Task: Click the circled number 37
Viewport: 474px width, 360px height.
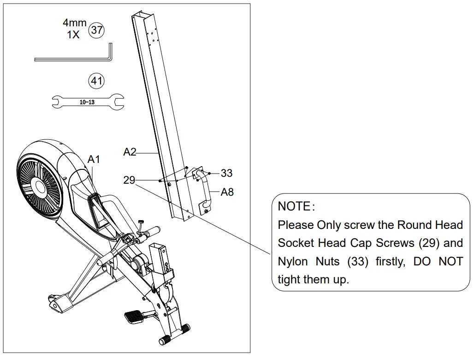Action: [x=96, y=30]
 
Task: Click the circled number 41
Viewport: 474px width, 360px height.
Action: [x=96, y=81]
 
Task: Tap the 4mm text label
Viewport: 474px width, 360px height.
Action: [x=74, y=23]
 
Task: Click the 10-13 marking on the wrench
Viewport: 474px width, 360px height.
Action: [x=87, y=102]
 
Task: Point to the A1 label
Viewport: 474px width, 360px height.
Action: [x=94, y=159]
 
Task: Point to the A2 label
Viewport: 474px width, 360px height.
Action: [x=130, y=152]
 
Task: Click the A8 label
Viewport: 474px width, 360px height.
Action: [x=227, y=192]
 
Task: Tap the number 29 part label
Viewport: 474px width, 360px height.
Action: [x=129, y=180]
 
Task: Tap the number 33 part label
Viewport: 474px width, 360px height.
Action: [x=226, y=173]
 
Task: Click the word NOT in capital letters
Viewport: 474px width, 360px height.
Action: [x=450, y=261]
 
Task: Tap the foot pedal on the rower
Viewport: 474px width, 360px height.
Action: [x=136, y=317]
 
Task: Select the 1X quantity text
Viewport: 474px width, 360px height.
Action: [x=73, y=35]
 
